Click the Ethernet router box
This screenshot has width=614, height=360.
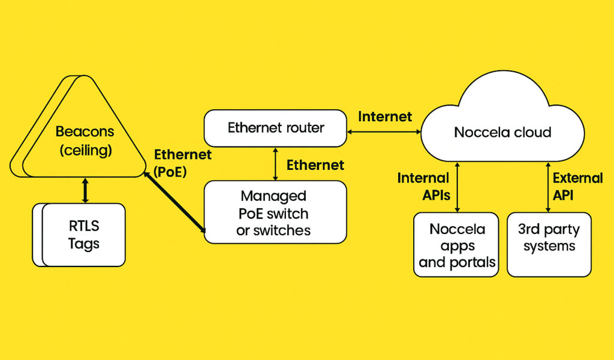tap(275, 128)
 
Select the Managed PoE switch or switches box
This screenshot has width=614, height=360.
tap(275, 212)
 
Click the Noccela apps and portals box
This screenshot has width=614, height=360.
tap(456, 245)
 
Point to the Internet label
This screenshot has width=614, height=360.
tap(385, 116)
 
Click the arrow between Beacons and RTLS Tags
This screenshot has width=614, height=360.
tap(85, 191)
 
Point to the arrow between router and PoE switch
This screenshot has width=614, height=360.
tap(276, 163)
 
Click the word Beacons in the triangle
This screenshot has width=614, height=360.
tap(85, 131)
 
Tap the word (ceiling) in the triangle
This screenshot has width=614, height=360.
tap(85, 150)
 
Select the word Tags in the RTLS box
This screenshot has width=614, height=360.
tap(83, 244)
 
